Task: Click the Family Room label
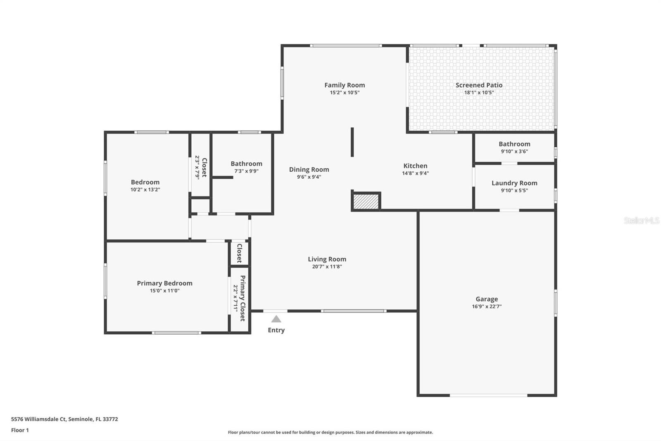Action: pos(344,85)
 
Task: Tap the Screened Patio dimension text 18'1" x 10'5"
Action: pos(479,93)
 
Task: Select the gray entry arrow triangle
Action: pos(276,319)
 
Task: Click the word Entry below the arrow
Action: pos(276,330)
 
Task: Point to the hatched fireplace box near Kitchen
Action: pos(366,201)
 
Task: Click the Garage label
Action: pos(486,299)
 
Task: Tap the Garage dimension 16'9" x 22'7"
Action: pos(486,307)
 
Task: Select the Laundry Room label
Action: pos(514,183)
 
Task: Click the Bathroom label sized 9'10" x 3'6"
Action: pos(514,144)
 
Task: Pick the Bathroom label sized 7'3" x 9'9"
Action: pos(246,164)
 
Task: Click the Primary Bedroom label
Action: pos(164,283)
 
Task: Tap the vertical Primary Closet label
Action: pos(243,298)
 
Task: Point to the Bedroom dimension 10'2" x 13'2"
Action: pos(145,190)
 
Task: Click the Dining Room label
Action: pos(309,170)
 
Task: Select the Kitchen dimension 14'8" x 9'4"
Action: pos(415,173)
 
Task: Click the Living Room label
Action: pos(327,259)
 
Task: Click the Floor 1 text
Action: pos(20,430)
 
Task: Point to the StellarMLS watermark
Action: pos(641,220)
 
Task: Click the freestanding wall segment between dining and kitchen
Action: pos(352,142)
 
